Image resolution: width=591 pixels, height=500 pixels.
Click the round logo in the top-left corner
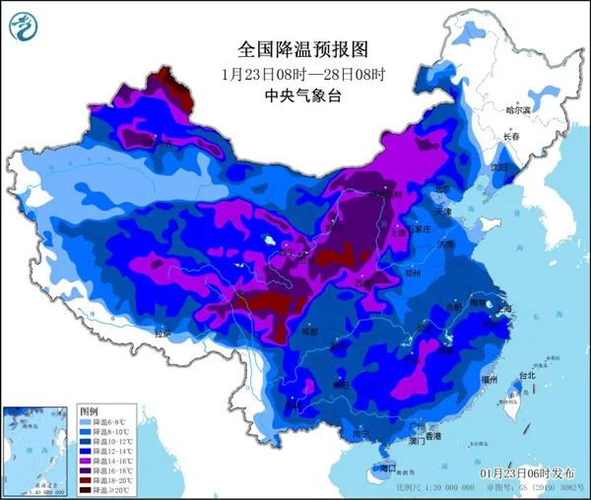tap(24, 27)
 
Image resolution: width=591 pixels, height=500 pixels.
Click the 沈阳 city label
tap(499, 168)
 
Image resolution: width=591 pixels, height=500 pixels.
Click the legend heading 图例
tap(90, 409)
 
